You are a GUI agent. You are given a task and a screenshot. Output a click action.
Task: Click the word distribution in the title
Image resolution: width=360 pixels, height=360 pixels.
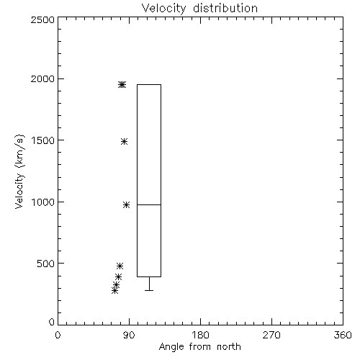(x=225, y=8)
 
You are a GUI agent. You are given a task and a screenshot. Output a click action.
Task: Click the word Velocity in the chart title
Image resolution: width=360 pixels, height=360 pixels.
(x=163, y=9)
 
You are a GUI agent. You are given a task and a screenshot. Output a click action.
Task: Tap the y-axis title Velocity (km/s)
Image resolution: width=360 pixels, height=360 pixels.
(x=19, y=171)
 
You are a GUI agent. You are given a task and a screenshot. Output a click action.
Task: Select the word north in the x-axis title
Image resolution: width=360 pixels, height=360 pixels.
(x=229, y=347)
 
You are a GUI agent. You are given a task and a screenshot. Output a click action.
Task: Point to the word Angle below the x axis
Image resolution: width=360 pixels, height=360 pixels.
(x=171, y=347)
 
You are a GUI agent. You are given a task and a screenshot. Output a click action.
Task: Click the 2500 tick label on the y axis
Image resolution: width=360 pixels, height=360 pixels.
(x=42, y=19)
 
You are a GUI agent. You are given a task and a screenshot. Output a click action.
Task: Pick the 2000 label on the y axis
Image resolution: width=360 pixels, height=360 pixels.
(x=42, y=78)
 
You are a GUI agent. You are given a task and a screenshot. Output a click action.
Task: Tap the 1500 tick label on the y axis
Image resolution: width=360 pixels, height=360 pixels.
(x=43, y=140)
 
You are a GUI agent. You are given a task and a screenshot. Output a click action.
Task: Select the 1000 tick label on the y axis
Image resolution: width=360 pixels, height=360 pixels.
(x=43, y=202)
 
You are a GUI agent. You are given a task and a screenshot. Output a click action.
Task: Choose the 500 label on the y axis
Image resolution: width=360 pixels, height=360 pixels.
(x=46, y=264)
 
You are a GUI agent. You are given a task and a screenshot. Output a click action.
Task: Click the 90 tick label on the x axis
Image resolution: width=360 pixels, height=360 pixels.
(x=129, y=335)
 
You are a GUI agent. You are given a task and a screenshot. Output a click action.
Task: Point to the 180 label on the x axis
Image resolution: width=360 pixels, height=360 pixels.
(x=200, y=335)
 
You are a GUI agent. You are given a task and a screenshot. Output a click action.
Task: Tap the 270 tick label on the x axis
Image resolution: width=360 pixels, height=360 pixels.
(x=271, y=335)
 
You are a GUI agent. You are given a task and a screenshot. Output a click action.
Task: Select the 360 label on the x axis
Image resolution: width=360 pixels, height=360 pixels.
(x=343, y=335)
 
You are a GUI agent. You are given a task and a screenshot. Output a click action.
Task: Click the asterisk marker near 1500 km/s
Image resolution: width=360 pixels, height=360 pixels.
(x=124, y=141)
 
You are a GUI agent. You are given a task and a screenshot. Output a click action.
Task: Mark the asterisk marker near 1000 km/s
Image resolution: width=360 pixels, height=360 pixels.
(x=127, y=205)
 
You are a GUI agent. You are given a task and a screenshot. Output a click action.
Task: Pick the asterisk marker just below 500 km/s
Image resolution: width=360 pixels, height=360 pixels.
(x=120, y=266)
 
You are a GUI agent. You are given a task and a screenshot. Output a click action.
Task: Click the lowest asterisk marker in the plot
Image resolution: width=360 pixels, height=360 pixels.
(x=114, y=291)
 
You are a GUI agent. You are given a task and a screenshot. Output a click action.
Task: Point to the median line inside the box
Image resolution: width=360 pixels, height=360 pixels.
(x=149, y=204)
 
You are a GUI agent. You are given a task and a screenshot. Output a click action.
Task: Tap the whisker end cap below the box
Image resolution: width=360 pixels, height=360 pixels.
(x=149, y=290)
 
